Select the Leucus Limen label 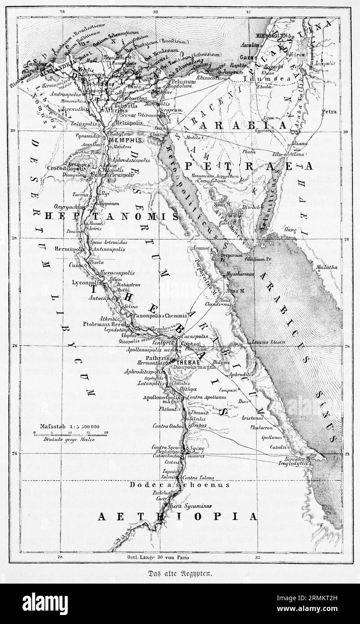269,342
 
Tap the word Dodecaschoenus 180,484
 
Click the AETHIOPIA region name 178,517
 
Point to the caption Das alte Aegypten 180,573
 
